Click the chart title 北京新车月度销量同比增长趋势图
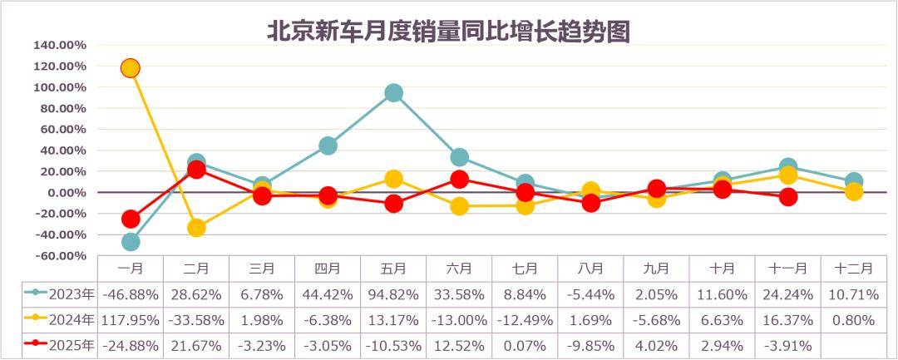[448, 31]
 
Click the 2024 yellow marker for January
[130, 67]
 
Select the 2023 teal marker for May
[393, 92]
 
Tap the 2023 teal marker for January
[130, 242]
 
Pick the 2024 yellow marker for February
[196, 227]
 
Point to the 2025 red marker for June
[459, 179]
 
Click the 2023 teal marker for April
[328, 145]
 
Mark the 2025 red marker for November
[788, 197]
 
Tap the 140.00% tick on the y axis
[60, 45]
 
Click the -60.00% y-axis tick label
[60, 256]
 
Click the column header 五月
[393, 268]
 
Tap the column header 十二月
[853, 268]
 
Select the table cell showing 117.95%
[130, 320]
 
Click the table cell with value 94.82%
[393, 294]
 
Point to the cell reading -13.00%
[459, 320]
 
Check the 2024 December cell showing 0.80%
[853, 320]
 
